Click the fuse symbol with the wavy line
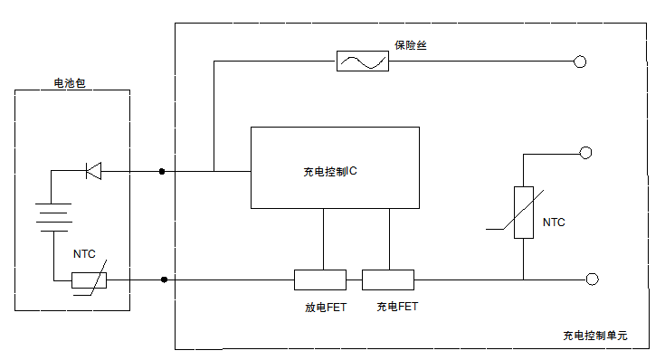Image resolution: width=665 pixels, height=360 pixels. (x=363, y=62)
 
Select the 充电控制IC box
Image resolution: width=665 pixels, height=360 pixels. (x=335, y=167)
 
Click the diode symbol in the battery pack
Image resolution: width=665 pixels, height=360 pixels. (x=92, y=170)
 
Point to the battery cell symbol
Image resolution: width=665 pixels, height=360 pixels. (x=53, y=217)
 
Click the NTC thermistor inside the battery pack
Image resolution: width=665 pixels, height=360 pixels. (x=90, y=280)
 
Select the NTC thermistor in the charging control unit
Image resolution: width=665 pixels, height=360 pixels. (x=524, y=213)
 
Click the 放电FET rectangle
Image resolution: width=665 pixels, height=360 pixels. (x=320, y=279)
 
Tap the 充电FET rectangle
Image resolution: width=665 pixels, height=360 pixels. (x=388, y=279)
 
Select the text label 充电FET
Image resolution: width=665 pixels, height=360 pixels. (x=397, y=307)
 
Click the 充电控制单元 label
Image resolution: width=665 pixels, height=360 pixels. (x=594, y=336)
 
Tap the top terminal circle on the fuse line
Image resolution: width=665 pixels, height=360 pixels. (x=581, y=62)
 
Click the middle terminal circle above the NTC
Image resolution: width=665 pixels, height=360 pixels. (x=585, y=153)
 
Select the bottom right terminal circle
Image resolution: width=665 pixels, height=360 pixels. (x=593, y=279)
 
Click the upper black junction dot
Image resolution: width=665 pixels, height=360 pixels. (x=162, y=170)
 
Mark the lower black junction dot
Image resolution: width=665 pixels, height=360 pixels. (x=164, y=279)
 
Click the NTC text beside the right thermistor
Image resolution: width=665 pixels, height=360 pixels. (x=554, y=223)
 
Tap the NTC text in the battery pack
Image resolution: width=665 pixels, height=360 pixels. (x=84, y=256)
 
